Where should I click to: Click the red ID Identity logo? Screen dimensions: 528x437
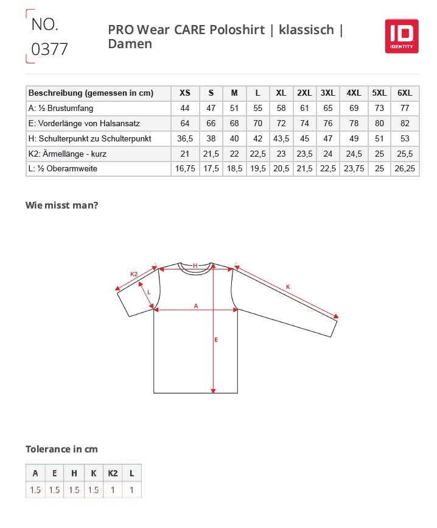click(401, 35)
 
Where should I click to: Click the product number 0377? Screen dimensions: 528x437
click(49, 49)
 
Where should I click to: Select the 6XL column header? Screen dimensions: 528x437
click(404, 93)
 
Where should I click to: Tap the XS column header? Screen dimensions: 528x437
click(185, 93)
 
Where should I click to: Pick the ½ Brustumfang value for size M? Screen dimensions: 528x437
click(234, 109)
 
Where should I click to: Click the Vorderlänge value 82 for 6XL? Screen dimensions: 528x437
click(404, 124)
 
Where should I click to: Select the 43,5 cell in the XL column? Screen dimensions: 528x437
click(281, 139)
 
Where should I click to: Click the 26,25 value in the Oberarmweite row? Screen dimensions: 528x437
click(404, 169)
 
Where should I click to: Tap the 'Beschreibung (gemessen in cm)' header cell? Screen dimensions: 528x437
click(91, 93)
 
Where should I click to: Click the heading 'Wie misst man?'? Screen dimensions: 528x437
click(61, 205)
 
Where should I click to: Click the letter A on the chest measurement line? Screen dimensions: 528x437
click(195, 305)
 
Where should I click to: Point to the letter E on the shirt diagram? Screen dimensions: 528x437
click(216, 340)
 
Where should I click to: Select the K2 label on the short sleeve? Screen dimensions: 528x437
click(134, 274)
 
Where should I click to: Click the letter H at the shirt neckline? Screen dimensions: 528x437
click(195, 265)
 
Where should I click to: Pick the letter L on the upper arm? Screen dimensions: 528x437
click(149, 292)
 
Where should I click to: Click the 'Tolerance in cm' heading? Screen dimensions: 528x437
click(61, 449)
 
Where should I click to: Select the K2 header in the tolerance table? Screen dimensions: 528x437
click(113, 473)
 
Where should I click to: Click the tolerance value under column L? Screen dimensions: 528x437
click(131, 490)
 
